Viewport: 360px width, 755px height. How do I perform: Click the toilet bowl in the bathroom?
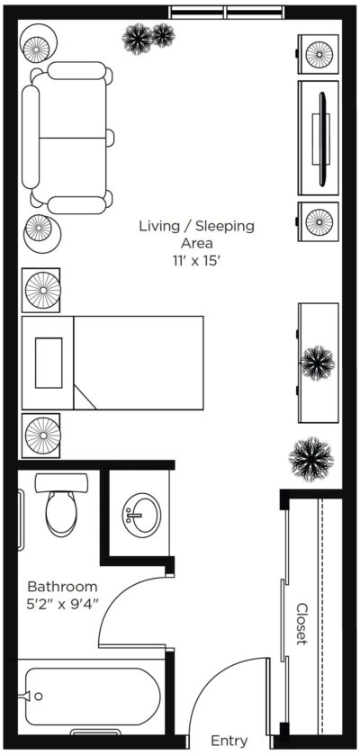click(x=62, y=511)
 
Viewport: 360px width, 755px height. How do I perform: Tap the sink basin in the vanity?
click(x=141, y=513)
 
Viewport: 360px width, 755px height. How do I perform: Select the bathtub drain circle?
click(x=39, y=696)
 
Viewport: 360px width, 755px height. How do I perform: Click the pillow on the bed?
click(x=49, y=363)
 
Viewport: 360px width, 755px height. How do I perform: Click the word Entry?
click(x=229, y=740)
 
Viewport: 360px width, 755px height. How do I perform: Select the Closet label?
click(x=301, y=624)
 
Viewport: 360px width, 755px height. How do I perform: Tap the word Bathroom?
click(x=63, y=587)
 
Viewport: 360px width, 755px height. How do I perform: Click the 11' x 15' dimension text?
click(x=196, y=260)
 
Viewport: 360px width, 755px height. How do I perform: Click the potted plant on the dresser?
click(x=318, y=363)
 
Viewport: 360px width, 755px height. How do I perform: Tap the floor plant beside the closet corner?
click(x=311, y=459)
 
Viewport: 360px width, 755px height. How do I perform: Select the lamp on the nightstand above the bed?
click(x=42, y=290)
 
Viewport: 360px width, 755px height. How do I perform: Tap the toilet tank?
click(x=61, y=482)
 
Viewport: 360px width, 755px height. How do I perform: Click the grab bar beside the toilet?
click(x=20, y=519)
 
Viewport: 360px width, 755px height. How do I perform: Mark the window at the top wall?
click(x=226, y=12)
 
